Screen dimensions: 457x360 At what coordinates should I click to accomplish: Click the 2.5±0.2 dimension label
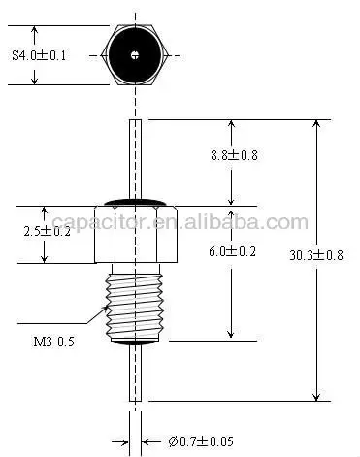click(x=46, y=231)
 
